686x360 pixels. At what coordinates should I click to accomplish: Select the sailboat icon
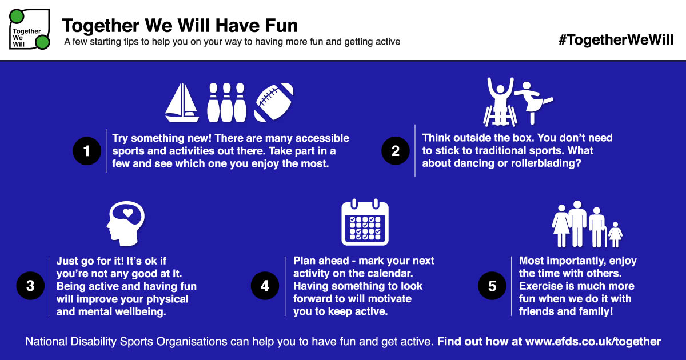[x=182, y=102]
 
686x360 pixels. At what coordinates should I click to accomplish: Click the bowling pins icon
[x=226, y=102]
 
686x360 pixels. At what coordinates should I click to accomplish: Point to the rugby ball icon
[x=273, y=102]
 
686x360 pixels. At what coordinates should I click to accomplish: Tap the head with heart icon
[x=126, y=222]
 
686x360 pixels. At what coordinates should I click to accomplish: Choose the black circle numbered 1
[x=87, y=151]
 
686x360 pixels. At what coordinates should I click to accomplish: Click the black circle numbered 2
[x=396, y=151]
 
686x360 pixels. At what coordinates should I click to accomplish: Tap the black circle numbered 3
[x=30, y=286]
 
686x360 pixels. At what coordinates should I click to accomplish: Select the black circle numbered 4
[x=265, y=286]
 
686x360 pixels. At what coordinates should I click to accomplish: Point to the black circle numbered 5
[x=492, y=286]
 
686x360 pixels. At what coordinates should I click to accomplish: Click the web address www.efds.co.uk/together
[x=593, y=342]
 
